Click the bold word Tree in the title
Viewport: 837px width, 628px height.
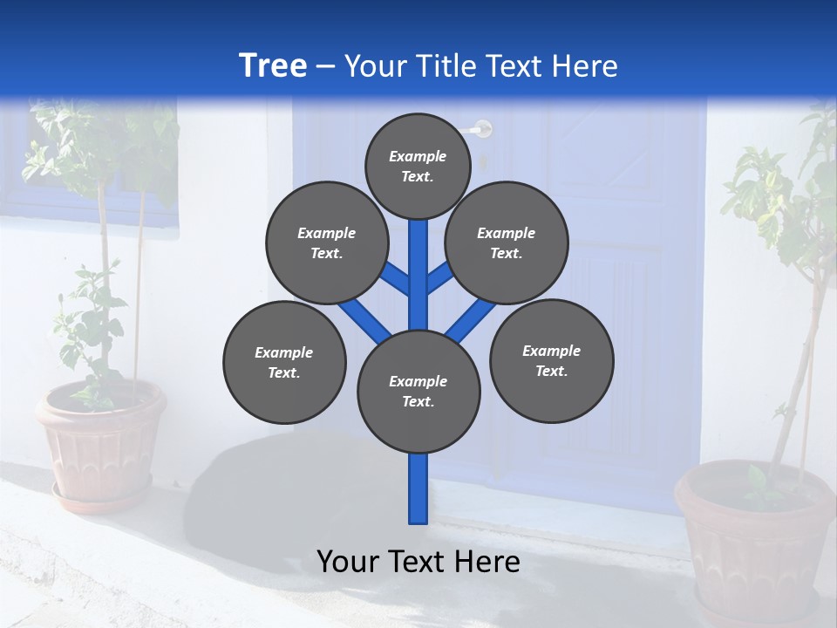[273, 65]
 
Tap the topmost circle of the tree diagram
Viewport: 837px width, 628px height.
[418, 166]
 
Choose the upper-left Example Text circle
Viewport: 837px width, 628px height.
[326, 242]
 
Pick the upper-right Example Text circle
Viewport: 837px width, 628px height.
[506, 242]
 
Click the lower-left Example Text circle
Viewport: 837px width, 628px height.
[284, 362]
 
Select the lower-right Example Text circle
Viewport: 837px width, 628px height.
[551, 360]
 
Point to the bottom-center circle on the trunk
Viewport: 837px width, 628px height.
[418, 391]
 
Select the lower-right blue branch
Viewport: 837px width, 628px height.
[470, 322]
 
